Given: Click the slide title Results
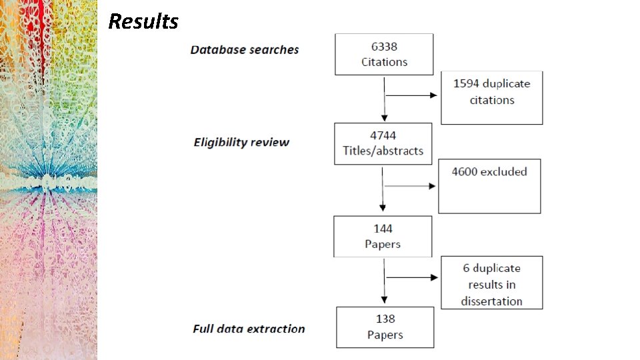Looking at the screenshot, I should point(143,21).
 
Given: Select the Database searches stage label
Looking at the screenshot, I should point(245,50).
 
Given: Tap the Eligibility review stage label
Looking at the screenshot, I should point(241,142).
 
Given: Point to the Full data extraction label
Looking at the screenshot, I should point(249,329).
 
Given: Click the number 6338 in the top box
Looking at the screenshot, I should point(384,47).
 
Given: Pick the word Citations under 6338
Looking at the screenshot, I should point(384,62).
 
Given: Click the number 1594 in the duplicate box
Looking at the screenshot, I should point(466,84).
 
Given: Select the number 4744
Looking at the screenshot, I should point(383,135).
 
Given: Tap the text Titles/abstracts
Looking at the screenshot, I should point(383,151).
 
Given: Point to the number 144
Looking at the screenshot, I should point(383,229).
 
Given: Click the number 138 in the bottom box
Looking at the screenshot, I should point(385,319).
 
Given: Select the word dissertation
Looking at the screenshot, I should point(491,301).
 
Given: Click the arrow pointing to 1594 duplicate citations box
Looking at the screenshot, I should point(411,95).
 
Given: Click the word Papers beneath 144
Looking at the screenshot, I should point(383,244).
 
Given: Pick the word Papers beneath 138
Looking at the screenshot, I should point(385,335).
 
